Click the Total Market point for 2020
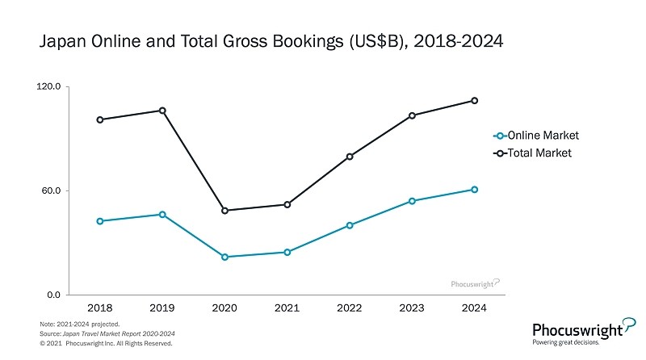pos(224,211)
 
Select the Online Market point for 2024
pos(475,190)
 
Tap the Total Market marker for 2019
pos(162,111)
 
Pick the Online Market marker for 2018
pos(99,221)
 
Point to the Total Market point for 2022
pos(350,157)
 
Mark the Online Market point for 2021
pos(287,253)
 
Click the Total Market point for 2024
pos(475,101)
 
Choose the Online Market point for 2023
pos(412,201)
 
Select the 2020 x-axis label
pos(224,308)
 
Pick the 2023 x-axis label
pos(412,308)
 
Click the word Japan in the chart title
pos(61,41)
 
